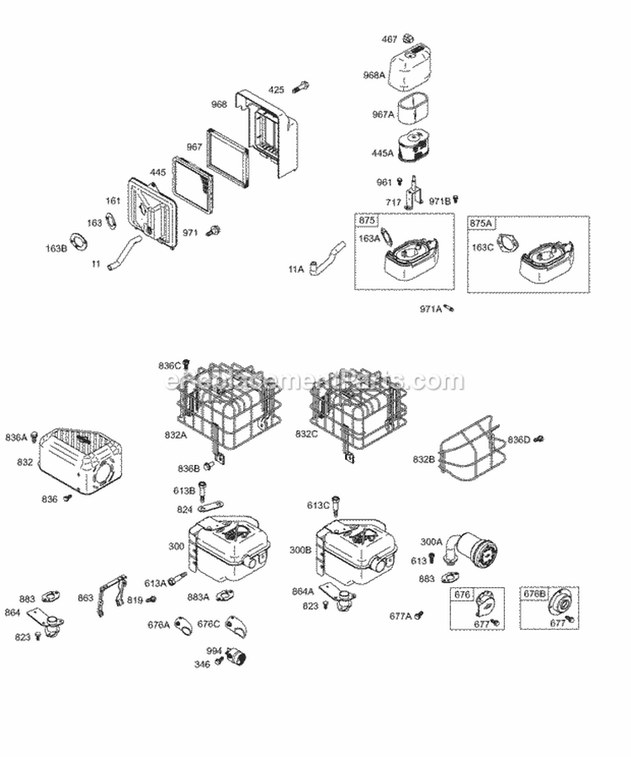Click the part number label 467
[389, 39]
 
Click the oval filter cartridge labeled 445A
[418, 151]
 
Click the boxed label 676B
[534, 595]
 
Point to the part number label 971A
[430, 310]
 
